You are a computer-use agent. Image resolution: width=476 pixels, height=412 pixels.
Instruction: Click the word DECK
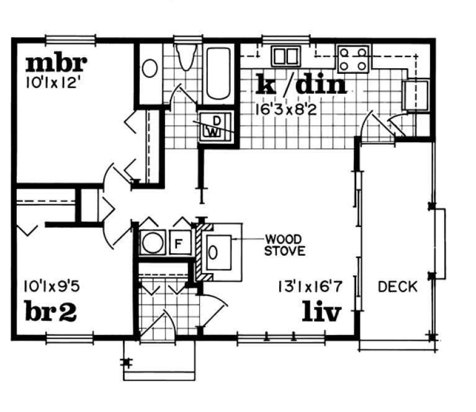pos(398,287)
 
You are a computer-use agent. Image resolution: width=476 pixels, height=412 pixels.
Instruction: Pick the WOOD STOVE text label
pos(284,245)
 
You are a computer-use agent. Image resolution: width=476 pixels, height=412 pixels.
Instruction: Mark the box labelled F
pos(178,243)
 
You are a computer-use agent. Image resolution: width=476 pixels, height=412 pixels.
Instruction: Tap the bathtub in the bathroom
pos(218,73)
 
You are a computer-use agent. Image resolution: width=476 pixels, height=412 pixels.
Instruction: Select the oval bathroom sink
pos(150,68)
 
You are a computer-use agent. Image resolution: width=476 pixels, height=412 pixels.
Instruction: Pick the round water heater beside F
pos(151,243)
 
